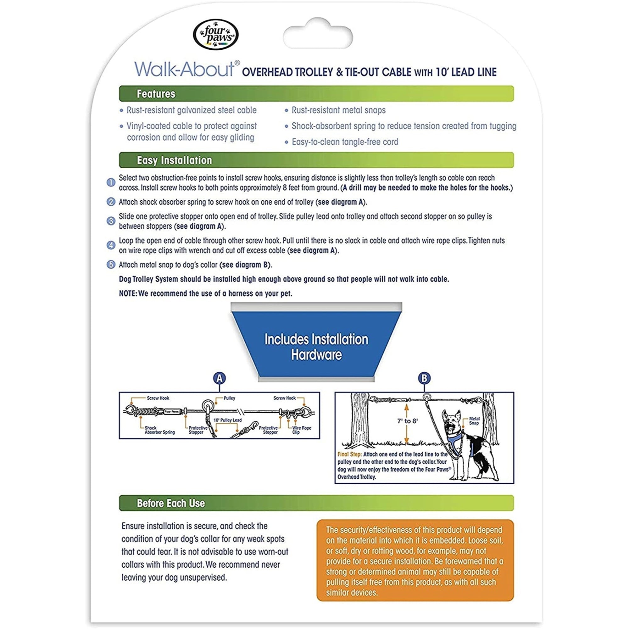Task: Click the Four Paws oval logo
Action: [215, 35]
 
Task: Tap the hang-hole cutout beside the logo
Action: [318, 35]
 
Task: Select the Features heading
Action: [156, 94]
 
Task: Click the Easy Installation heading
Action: [174, 160]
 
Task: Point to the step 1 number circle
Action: [111, 182]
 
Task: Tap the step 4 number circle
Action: [111, 245]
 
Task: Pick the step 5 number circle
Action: [111, 264]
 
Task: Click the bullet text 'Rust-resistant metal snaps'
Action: [338, 110]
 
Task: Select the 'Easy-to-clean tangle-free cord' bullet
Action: [345, 142]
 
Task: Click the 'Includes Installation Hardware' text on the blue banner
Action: [316, 347]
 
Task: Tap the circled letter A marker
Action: [220, 378]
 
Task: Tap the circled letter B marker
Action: [424, 378]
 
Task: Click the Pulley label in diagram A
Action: [229, 398]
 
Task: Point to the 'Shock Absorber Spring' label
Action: [159, 430]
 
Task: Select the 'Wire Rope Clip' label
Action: [302, 430]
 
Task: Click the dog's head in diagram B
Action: [453, 422]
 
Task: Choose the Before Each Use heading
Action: [170, 503]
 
